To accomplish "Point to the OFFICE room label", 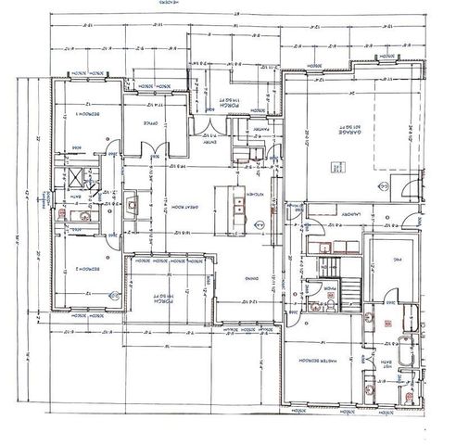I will pos(150,121).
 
